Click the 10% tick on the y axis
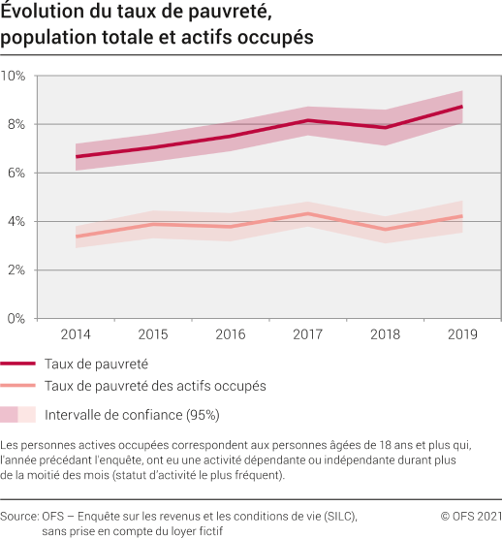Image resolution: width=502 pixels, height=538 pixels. (x=14, y=76)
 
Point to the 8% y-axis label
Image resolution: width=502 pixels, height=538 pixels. (x=14, y=124)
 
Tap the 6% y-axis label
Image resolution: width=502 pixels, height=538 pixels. (x=14, y=173)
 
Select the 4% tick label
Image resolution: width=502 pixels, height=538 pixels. (x=14, y=221)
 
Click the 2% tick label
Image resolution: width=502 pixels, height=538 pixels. (x=14, y=269)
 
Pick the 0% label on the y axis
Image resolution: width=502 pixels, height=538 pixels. (x=14, y=318)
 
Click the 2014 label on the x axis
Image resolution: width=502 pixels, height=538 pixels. (x=76, y=334)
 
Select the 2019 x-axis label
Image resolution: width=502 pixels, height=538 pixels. (x=461, y=334)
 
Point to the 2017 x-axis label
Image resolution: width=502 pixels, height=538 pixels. (x=307, y=334)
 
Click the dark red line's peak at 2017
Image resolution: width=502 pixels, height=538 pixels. (x=307, y=120)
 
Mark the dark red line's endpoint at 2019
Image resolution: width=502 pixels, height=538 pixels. (x=461, y=107)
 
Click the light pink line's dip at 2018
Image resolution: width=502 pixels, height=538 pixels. (x=386, y=229)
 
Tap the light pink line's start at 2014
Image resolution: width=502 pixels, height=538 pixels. (x=76, y=237)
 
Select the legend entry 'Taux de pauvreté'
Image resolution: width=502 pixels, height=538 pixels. (x=96, y=364)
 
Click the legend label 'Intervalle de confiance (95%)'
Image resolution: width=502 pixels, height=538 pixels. (x=132, y=414)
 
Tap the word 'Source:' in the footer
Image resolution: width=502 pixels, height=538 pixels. (x=19, y=517)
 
